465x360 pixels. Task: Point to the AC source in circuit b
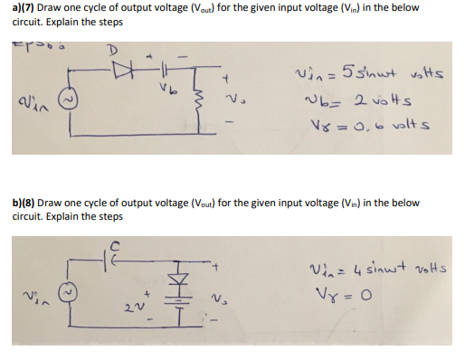click(65, 293)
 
